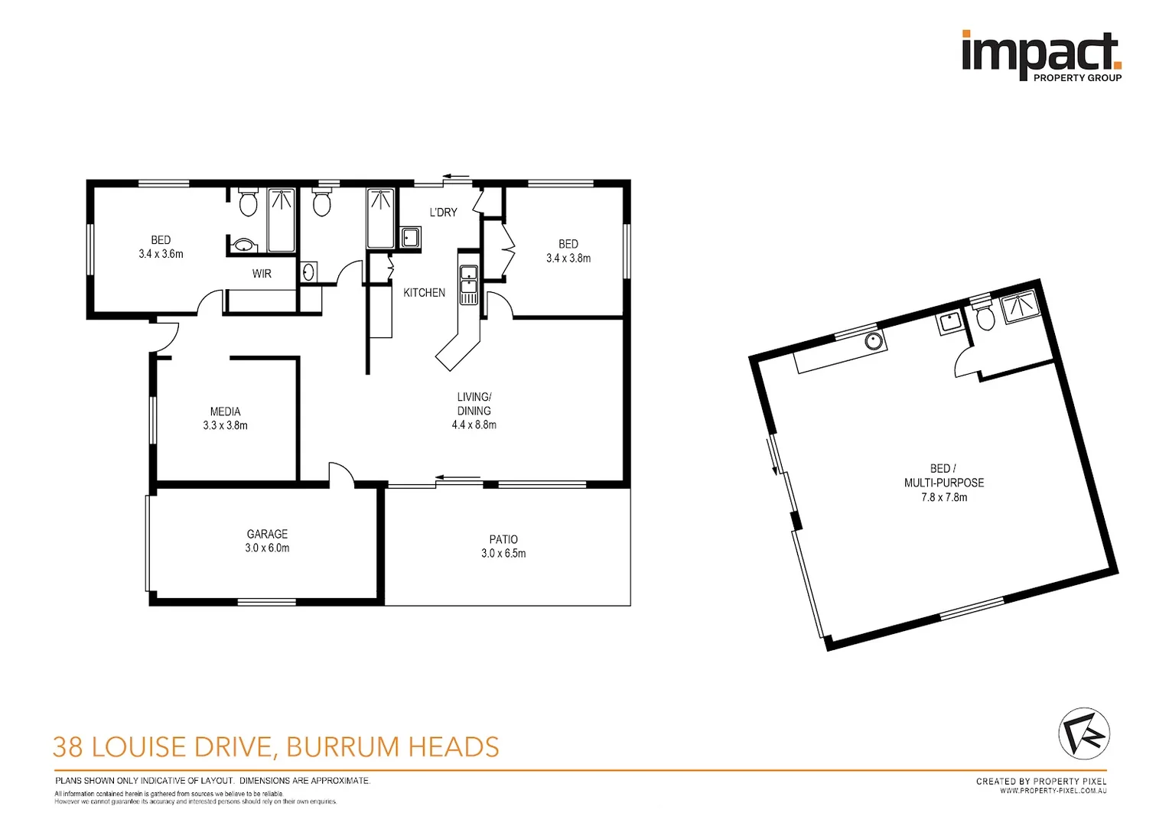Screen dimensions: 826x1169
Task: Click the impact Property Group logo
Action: (x=1040, y=55)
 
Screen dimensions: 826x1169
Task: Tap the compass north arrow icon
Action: (x=1083, y=733)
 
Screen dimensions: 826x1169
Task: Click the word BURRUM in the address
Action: (x=342, y=746)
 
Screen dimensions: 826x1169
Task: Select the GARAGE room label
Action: (x=267, y=534)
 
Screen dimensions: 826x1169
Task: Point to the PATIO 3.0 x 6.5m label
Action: (x=503, y=546)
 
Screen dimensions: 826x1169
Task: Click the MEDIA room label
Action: (x=225, y=411)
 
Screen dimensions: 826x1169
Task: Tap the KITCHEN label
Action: (x=424, y=292)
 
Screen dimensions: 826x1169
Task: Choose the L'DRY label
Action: (x=443, y=212)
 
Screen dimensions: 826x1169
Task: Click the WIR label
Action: (x=262, y=273)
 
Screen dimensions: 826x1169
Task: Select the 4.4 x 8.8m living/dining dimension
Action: (x=474, y=424)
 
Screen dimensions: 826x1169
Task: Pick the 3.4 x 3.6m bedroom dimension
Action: (x=161, y=254)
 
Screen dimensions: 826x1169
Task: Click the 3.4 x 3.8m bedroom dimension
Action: (x=568, y=259)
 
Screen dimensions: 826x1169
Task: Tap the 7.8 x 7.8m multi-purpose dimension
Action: (x=943, y=497)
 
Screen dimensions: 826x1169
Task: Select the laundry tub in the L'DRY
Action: (x=410, y=237)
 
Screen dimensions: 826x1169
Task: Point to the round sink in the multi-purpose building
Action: (x=874, y=340)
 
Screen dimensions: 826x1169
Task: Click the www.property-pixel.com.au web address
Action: (x=1053, y=791)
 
